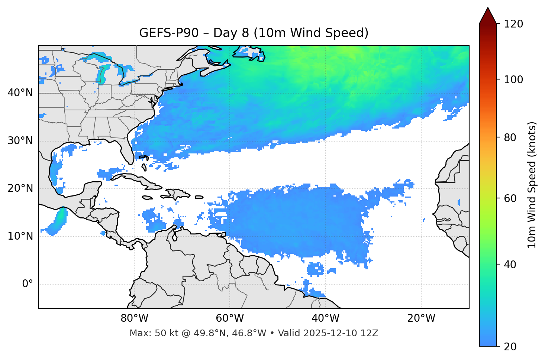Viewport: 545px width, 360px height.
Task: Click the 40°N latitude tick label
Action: click(20, 93)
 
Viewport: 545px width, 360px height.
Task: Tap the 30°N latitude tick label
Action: click(20, 141)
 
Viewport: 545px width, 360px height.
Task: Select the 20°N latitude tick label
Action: click(20, 188)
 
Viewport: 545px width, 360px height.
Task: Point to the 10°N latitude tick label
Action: click(20, 236)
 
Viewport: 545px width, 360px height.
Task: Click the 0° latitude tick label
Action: click(28, 284)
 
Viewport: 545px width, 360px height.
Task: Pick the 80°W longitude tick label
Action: click(134, 318)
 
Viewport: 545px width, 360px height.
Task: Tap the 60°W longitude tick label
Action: click(230, 318)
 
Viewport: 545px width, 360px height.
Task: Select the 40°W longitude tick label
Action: click(325, 318)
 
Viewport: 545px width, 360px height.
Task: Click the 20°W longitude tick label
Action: click(421, 318)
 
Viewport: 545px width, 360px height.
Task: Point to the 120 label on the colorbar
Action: click(514, 24)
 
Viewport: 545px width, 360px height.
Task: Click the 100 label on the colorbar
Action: click(514, 80)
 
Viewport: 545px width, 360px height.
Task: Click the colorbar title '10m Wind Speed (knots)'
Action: click(532, 185)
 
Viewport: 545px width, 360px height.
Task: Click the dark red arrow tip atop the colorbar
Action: click(488, 15)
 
